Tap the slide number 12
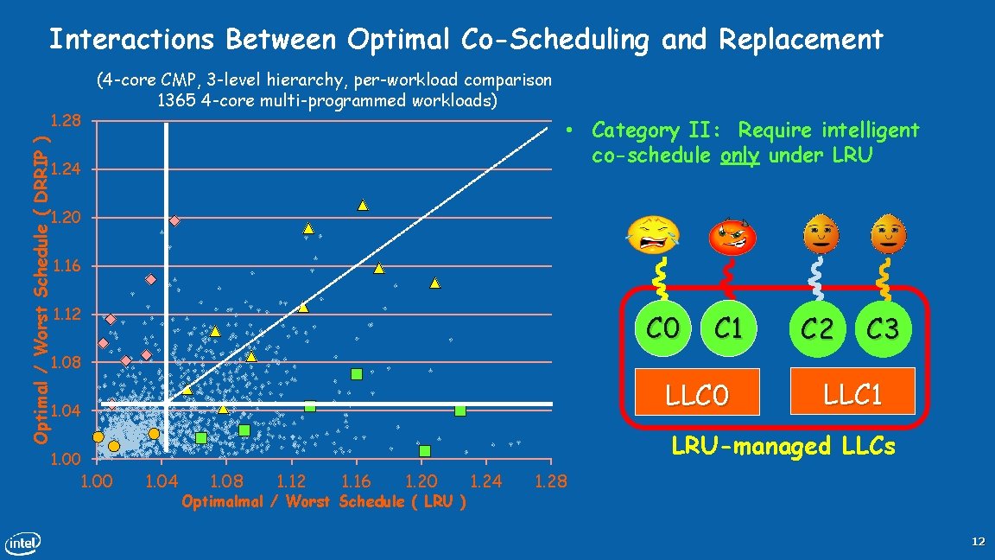point(978,542)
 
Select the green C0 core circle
point(662,328)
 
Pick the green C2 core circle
point(817,328)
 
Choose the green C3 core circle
point(883,328)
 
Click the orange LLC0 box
point(697,395)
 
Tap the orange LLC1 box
point(852,394)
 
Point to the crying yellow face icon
point(654,234)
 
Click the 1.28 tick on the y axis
point(66,119)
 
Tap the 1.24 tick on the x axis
point(485,481)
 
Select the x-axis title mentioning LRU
point(324,502)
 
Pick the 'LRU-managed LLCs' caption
point(783,447)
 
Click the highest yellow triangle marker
point(364,205)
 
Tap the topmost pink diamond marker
point(174,221)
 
